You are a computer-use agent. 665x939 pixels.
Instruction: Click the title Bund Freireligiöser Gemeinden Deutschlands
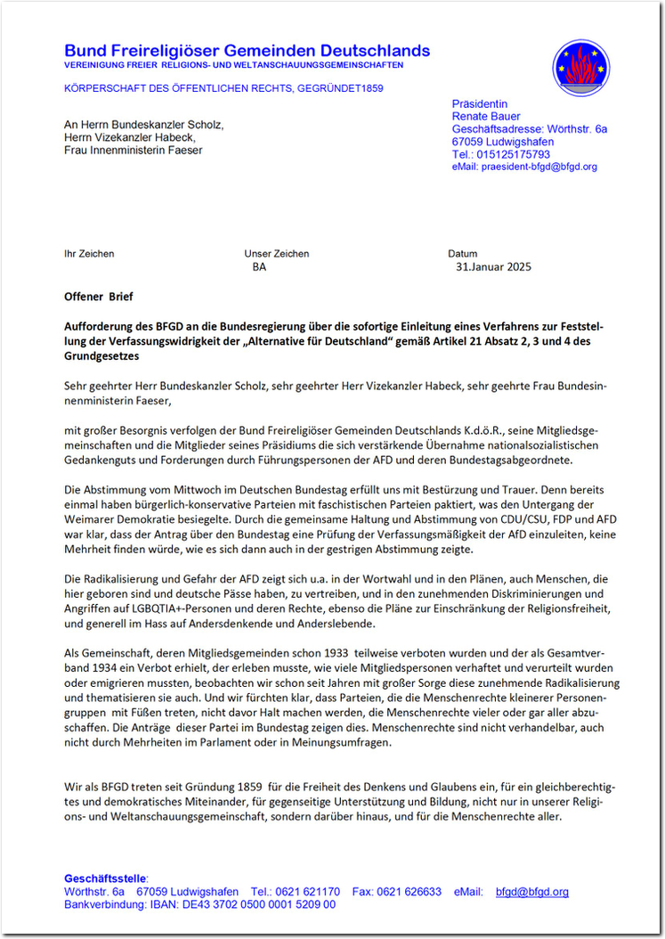[x=247, y=51]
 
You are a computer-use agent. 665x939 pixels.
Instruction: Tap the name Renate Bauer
[x=486, y=117]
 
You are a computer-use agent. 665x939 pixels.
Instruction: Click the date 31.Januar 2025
[x=493, y=266]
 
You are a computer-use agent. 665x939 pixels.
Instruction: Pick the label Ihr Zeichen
[x=89, y=254]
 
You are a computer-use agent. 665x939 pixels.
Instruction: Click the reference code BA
[x=259, y=266]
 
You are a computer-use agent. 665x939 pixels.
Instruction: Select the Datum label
[x=462, y=254]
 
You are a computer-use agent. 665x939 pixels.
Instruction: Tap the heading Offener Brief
[x=98, y=296]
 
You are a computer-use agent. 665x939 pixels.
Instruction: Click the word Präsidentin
[x=480, y=104]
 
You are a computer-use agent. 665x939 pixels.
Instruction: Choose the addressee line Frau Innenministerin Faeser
[x=133, y=150]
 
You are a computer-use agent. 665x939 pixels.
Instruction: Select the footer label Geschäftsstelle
[x=106, y=878]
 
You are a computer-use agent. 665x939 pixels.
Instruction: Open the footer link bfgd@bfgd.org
[x=531, y=891]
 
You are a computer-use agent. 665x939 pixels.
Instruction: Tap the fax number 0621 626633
[x=409, y=891]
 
